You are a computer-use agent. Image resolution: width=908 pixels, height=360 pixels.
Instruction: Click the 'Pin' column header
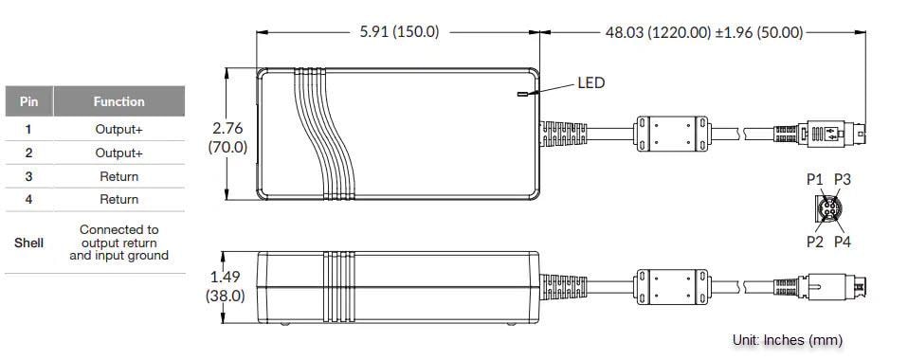(x=28, y=101)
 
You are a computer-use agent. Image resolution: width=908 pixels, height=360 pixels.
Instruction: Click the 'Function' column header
(x=118, y=101)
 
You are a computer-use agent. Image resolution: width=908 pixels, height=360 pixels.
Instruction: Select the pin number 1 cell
(x=28, y=129)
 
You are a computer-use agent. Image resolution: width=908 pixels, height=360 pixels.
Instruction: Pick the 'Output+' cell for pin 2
(x=118, y=153)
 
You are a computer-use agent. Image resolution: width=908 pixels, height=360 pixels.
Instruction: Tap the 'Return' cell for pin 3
(x=118, y=176)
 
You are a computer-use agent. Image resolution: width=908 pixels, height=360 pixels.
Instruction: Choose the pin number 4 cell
(x=28, y=199)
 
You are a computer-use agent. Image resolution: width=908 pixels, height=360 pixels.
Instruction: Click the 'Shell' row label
(x=28, y=243)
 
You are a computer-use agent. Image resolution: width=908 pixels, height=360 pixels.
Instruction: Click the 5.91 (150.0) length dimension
(x=399, y=31)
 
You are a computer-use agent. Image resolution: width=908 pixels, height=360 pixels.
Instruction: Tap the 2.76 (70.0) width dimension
(x=227, y=136)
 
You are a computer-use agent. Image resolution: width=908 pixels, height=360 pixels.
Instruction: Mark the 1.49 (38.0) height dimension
(x=227, y=285)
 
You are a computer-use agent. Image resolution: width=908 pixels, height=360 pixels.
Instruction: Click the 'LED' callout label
(x=590, y=83)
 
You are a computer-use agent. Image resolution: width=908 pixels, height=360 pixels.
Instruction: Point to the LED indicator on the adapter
(x=520, y=94)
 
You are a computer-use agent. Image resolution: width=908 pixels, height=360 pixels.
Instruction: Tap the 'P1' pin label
(x=814, y=178)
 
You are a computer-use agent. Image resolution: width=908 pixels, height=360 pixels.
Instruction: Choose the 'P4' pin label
(x=842, y=242)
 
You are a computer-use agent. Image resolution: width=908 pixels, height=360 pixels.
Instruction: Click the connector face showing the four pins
(x=828, y=209)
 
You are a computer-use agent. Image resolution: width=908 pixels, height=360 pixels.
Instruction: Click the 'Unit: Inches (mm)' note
(x=787, y=339)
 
